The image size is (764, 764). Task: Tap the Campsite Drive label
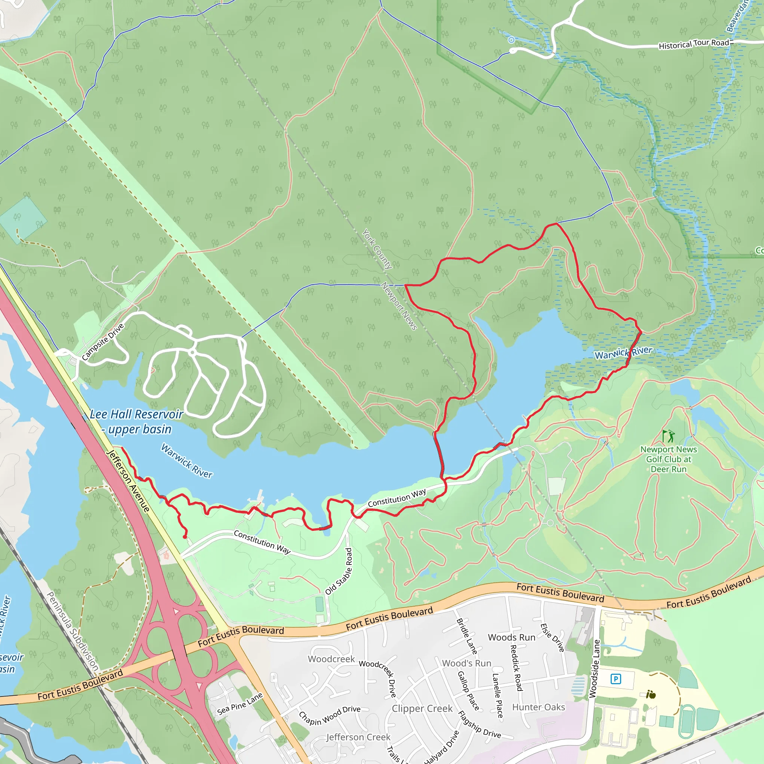pos(103,342)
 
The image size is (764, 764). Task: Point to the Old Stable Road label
pos(338,571)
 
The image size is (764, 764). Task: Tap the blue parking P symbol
pos(616,679)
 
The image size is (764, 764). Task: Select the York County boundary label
pos(377,249)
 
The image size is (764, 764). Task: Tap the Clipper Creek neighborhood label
pos(422,708)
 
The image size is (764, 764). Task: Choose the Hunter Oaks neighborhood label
pos(539,707)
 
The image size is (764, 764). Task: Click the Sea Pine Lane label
pos(239,704)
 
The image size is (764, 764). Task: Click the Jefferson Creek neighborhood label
pos(358,737)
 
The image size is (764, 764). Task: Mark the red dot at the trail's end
pos(185,536)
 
